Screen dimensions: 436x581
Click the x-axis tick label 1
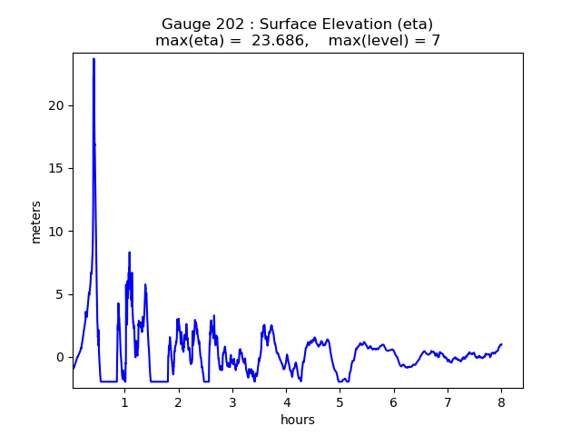tap(125, 402)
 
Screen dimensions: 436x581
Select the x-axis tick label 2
tap(179, 402)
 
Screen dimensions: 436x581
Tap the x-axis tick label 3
tap(232, 402)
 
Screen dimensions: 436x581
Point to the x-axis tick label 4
tap(286, 402)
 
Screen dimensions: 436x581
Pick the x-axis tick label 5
tap(340, 402)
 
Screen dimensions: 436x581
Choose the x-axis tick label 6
tap(393, 402)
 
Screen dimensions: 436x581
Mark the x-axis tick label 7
tap(448, 402)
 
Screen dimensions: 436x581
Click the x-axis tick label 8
tap(501, 402)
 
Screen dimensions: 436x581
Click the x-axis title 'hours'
tap(298, 420)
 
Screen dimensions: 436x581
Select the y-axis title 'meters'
tap(36, 221)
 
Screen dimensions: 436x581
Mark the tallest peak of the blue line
tap(94, 59)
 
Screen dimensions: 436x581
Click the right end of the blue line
tap(501, 344)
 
